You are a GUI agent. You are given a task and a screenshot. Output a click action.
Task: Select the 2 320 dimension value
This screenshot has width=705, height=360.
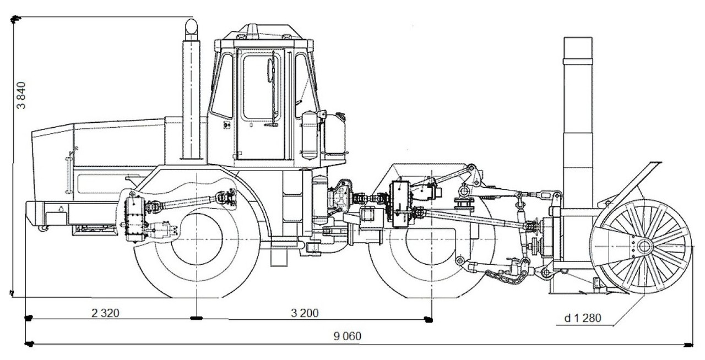[105, 313]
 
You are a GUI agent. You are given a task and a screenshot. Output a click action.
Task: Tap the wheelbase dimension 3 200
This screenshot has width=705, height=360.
[305, 313]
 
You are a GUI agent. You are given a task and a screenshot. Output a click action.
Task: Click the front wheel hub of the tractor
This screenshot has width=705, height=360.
[197, 238]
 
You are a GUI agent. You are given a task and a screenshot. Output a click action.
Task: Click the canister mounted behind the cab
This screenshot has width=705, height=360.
[310, 135]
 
